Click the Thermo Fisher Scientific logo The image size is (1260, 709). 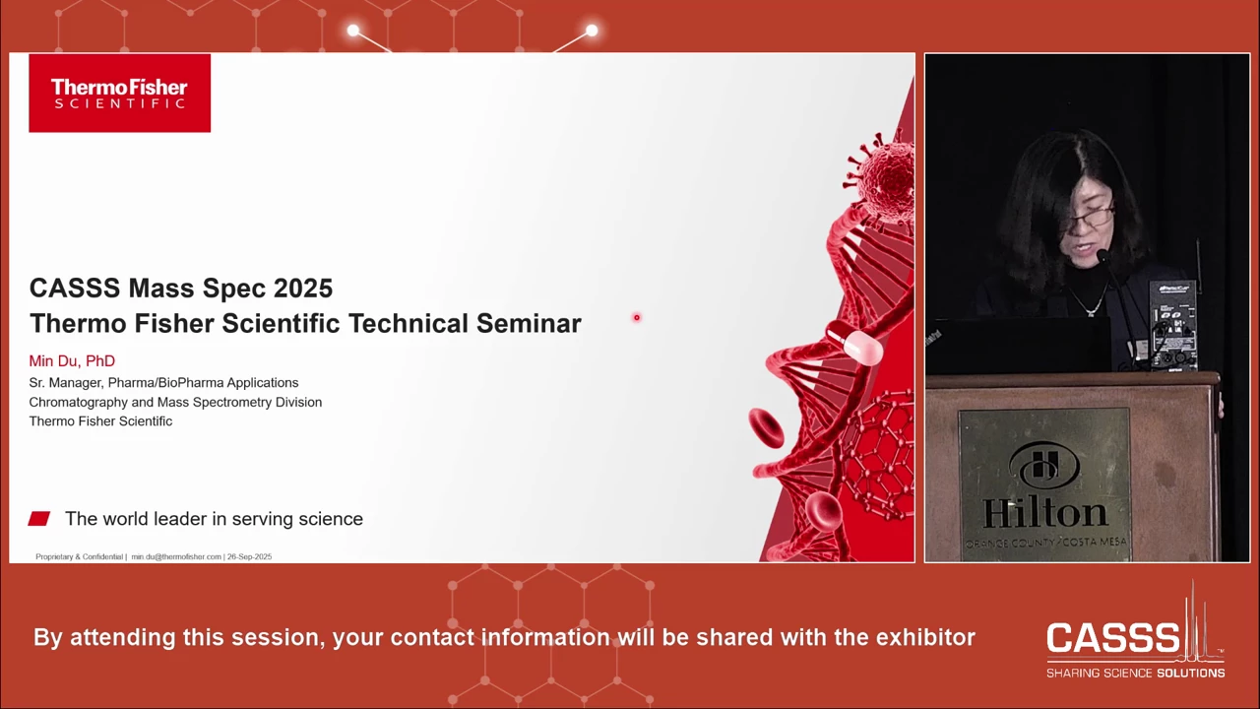(x=120, y=94)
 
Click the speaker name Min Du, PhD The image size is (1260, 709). (x=72, y=361)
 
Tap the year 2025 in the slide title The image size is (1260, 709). (x=303, y=289)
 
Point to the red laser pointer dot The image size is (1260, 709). (x=637, y=318)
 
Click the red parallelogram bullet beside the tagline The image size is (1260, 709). (x=39, y=518)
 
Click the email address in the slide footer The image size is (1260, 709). (x=176, y=556)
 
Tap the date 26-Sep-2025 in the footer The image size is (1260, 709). (x=250, y=556)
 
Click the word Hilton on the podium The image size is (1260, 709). (x=1044, y=513)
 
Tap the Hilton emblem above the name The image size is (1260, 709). (x=1044, y=466)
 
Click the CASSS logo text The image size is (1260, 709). (x=1112, y=638)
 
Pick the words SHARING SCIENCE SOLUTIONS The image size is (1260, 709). (x=1135, y=673)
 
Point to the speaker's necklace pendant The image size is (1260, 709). (x=1090, y=311)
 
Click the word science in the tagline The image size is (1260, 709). (x=331, y=519)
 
